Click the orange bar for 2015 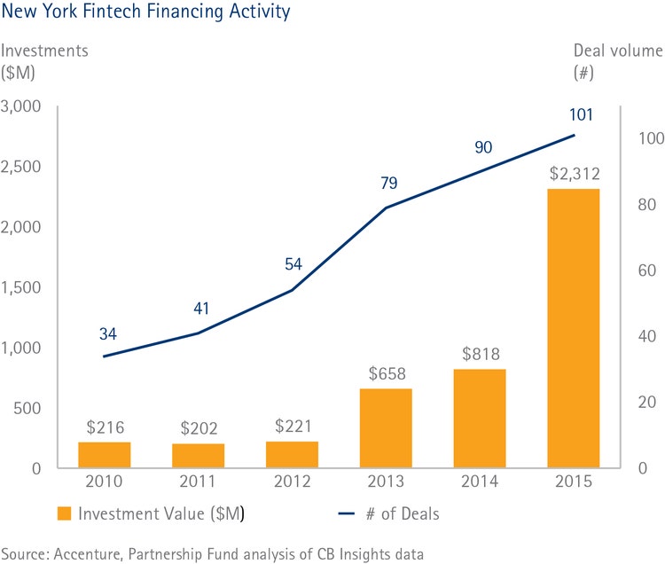[x=574, y=328]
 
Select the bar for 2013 [x=386, y=428]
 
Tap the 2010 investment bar [x=104, y=454]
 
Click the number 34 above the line [x=105, y=334]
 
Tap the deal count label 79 [x=387, y=183]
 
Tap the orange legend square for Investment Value [x=64, y=513]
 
